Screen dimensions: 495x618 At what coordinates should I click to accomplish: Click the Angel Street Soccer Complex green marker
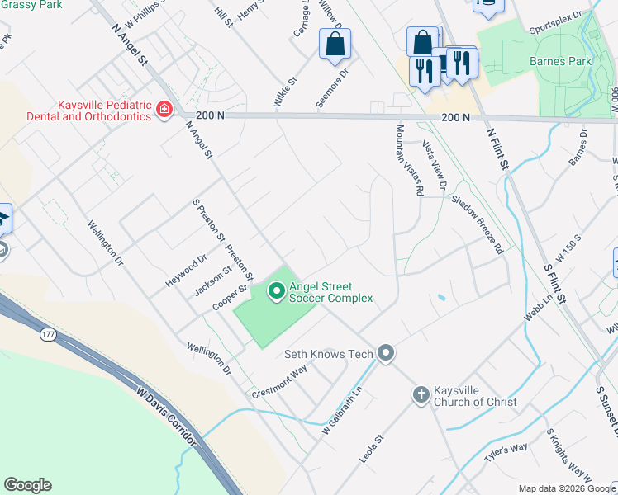[275, 291]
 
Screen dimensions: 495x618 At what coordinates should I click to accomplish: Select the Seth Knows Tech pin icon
[386, 353]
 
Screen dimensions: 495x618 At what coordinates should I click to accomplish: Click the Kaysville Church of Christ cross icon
[421, 395]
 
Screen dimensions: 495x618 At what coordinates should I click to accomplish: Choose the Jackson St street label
[212, 280]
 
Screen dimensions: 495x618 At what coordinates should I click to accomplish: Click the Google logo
[28, 485]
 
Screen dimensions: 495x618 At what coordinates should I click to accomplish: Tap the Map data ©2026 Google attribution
[567, 488]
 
